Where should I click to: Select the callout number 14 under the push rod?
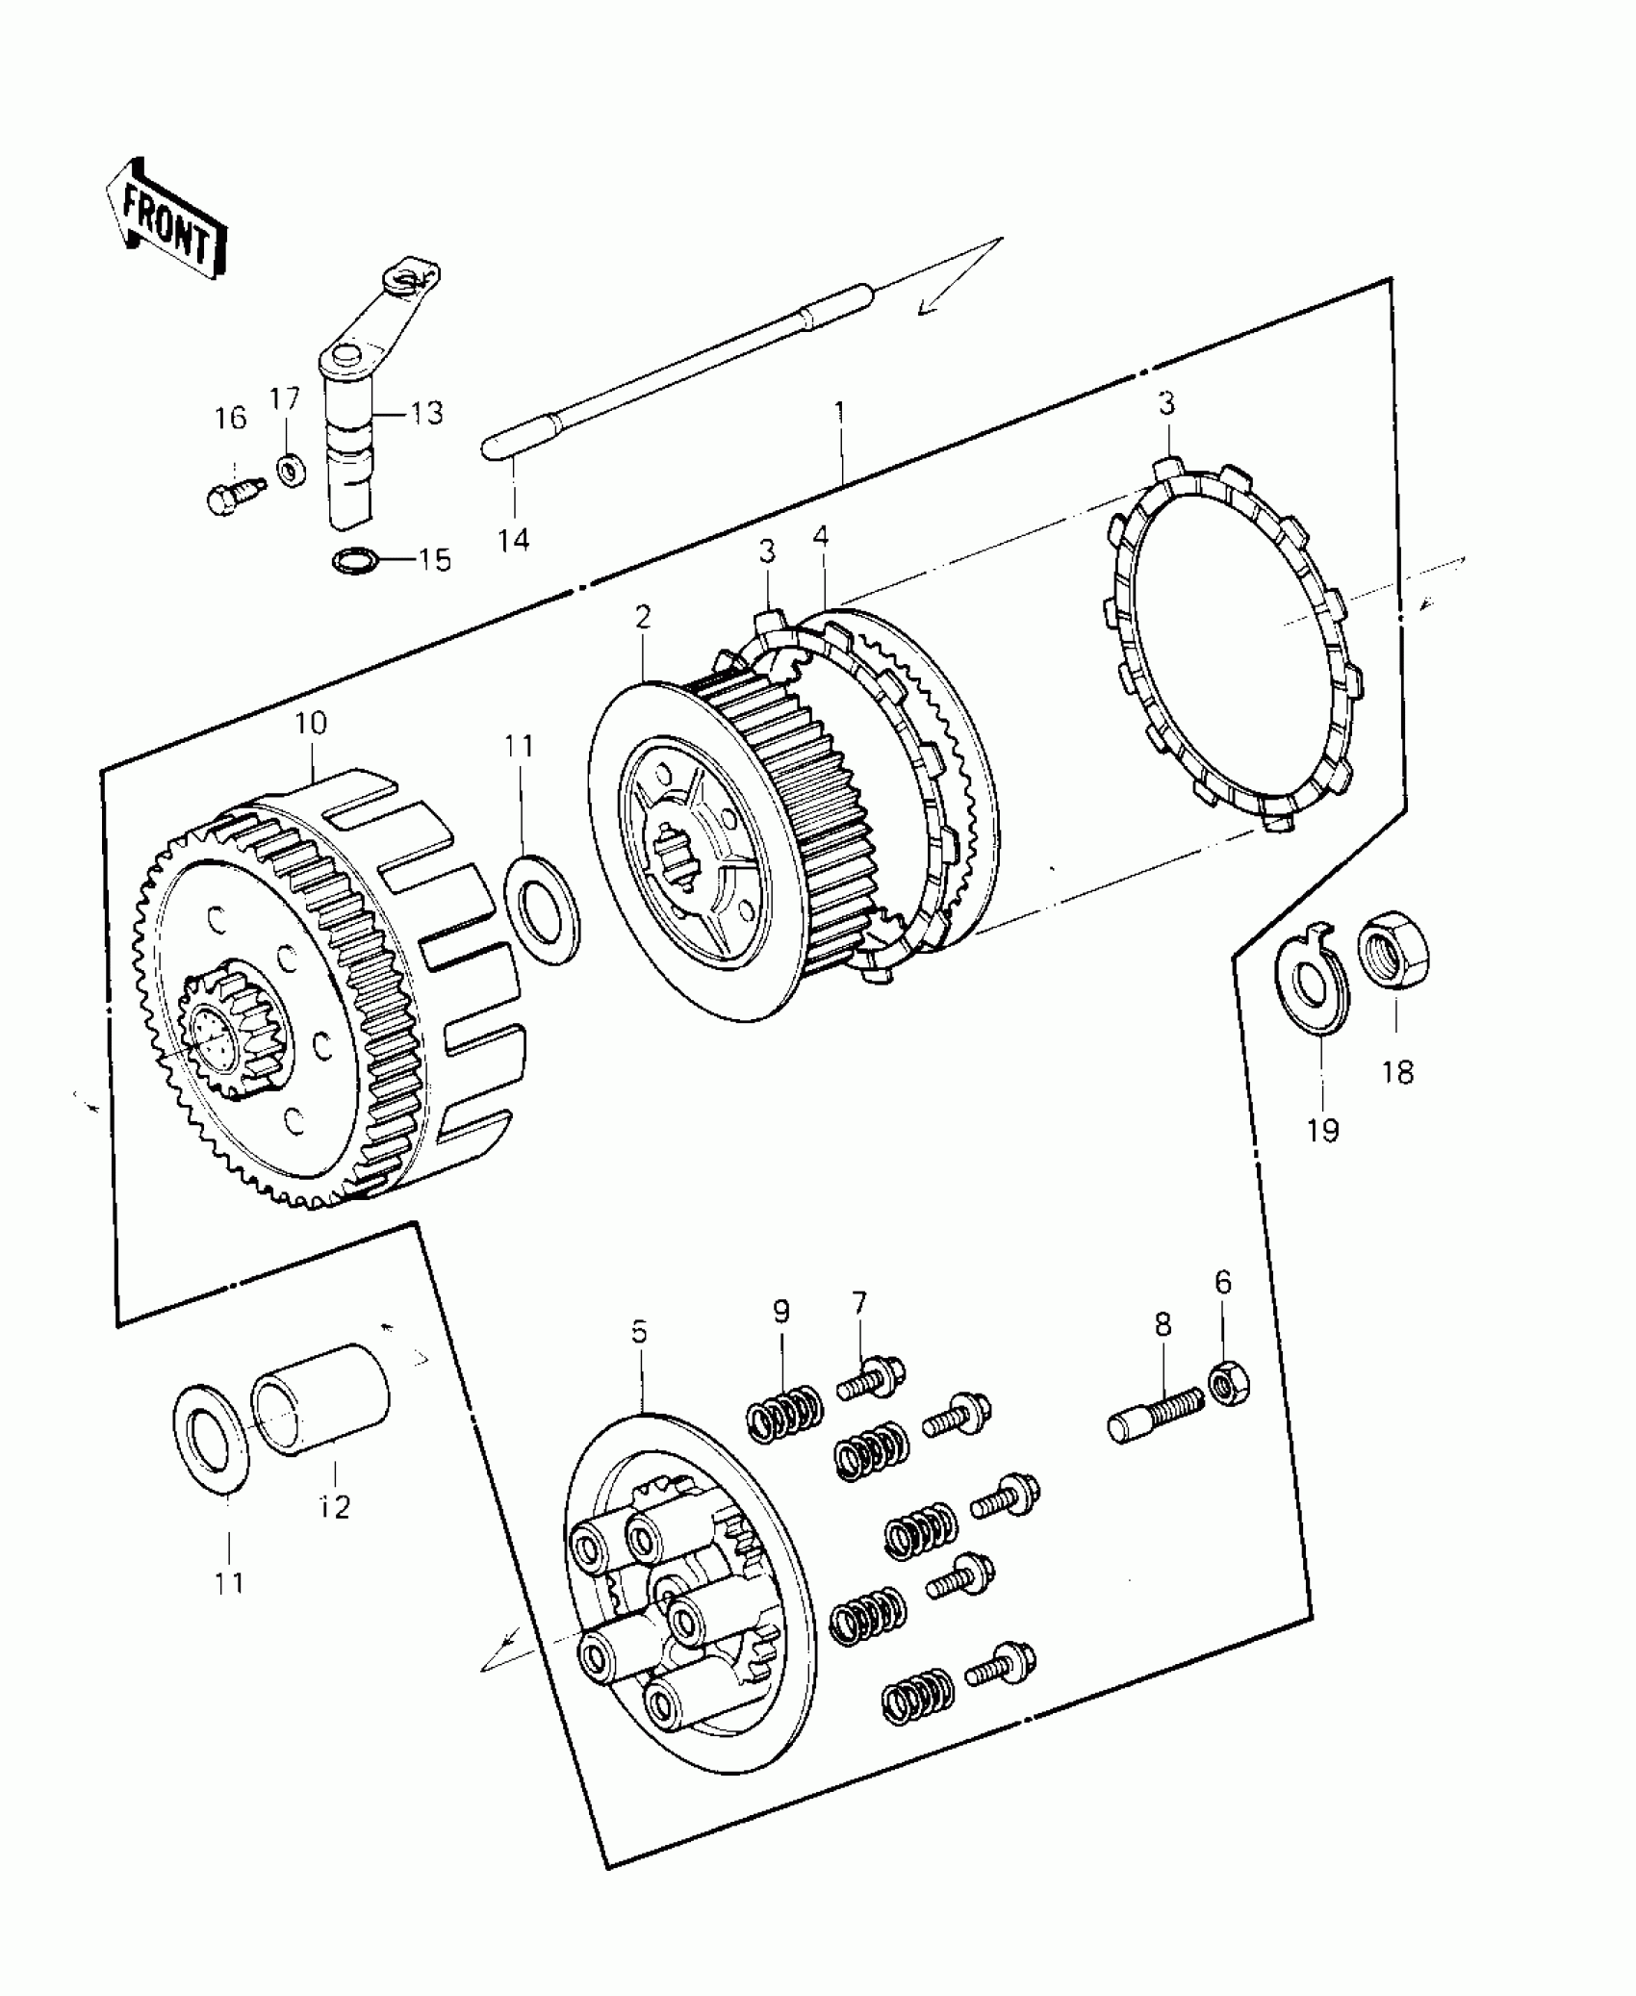point(514,539)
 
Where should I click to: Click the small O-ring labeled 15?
point(355,560)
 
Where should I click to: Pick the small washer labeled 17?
point(287,472)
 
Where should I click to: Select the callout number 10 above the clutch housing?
point(311,723)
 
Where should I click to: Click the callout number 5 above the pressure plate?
point(640,1332)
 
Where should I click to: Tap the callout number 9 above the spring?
point(780,1311)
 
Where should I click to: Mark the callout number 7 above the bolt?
point(858,1303)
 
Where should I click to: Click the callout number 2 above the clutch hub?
point(642,617)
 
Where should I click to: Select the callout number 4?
point(820,536)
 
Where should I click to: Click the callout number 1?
point(840,414)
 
